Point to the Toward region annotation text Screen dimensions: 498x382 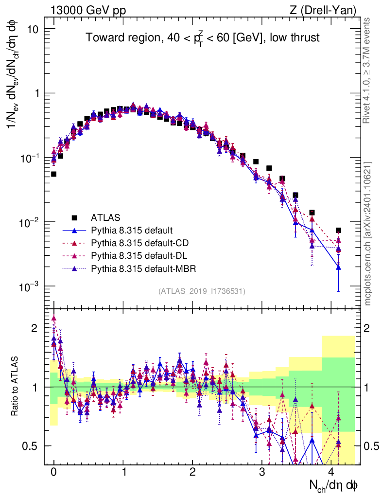[203, 38]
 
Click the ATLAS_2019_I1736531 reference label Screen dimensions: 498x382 [202, 291]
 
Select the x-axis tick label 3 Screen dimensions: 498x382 [262, 472]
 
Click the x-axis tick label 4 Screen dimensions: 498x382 [331, 472]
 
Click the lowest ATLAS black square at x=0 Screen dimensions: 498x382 [53, 174]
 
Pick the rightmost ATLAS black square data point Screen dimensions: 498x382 [338, 230]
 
